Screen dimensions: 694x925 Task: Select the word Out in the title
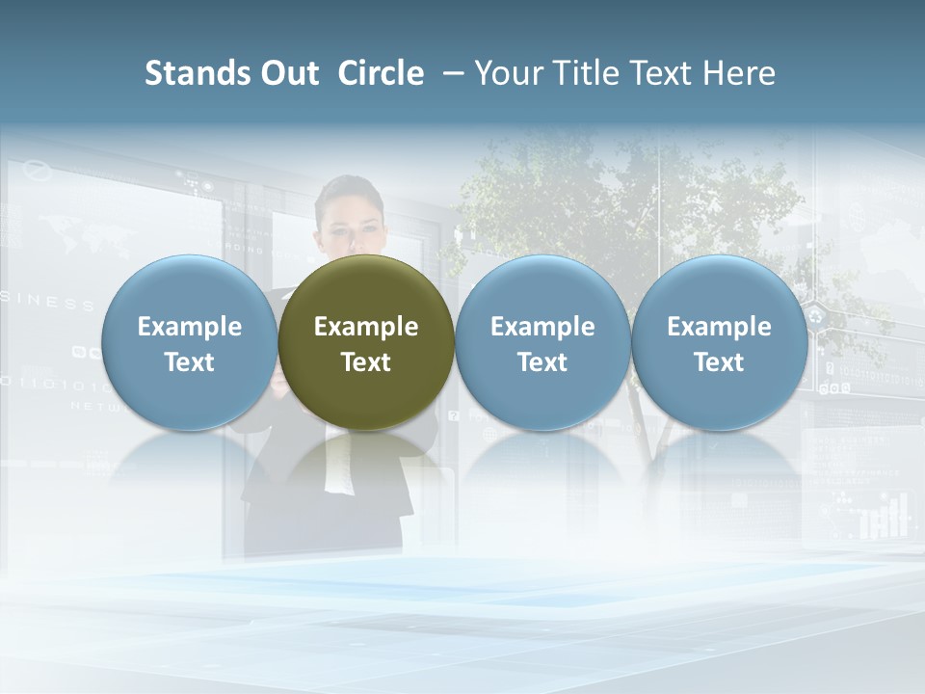[x=287, y=73]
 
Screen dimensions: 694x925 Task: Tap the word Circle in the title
[x=381, y=73]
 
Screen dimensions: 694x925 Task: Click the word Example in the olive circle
[x=366, y=327]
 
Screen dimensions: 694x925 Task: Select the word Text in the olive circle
[x=366, y=362]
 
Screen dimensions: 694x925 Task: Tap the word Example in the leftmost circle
[x=189, y=327]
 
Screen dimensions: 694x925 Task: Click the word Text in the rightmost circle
[x=719, y=362]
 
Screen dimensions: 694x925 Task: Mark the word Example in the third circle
[x=542, y=327]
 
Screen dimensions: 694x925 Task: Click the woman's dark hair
[x=349, y=189]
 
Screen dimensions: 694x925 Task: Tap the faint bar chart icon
[x=885, y=516]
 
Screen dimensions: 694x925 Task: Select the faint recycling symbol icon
[x=817, y=315]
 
